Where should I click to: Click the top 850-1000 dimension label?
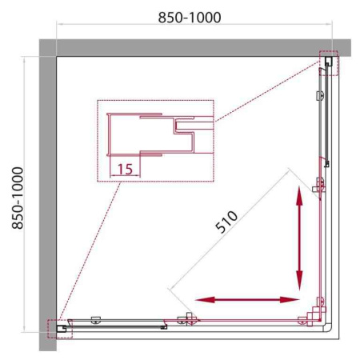[189, 17]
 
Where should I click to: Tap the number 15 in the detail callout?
[124, 168]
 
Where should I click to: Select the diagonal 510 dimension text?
[233, 226]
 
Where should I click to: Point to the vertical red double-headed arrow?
[300, 240]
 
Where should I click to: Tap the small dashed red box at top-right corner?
[328, 62]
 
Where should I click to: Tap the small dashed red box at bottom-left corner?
[59, 329]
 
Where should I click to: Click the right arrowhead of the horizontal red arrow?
[291, 300]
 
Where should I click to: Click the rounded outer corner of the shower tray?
[330, 330]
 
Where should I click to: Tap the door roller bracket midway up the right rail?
[319, 186]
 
